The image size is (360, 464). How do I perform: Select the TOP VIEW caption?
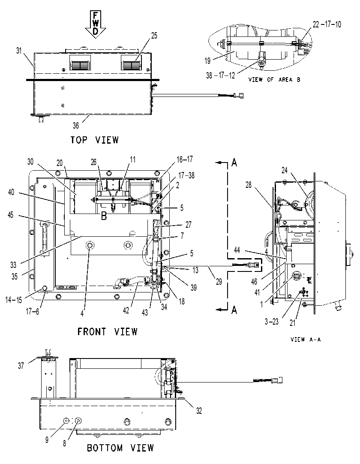(94, 140)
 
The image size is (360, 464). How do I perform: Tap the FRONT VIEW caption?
(108, 331)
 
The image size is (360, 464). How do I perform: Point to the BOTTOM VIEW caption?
(120, 448)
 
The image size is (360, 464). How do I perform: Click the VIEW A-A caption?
(306, 339)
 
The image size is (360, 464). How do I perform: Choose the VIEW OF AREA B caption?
(274, 80)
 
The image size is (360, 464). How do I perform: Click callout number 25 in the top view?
(154, 36)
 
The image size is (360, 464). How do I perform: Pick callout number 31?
(19, 51)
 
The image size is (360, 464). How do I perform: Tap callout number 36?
(76, 126)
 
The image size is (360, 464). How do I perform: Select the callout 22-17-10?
(327, 24)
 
